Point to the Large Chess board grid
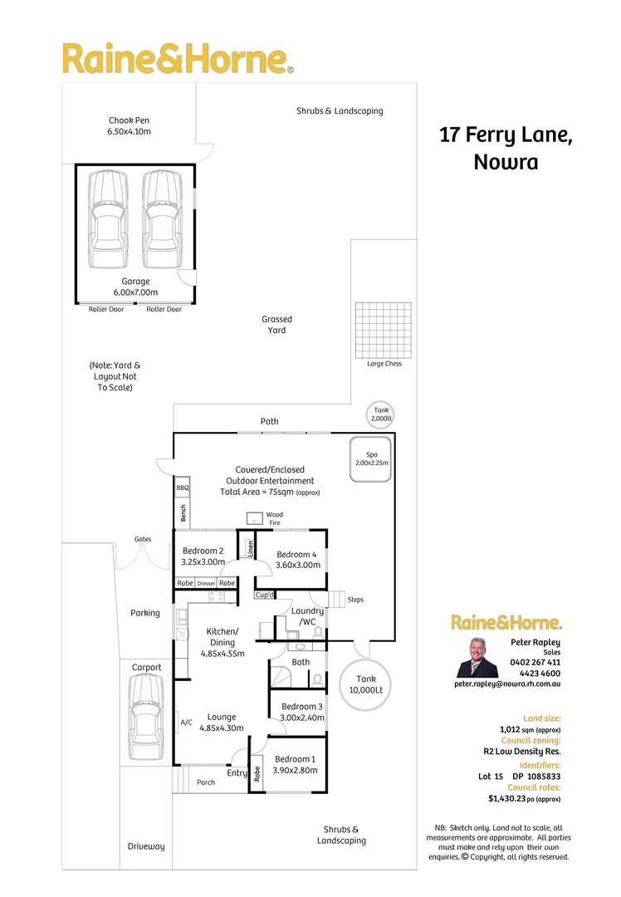[384, 330]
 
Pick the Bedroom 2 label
[203, 556]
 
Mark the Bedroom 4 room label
[296, 560]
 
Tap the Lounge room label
[222, 722]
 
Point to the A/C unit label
[186, 723]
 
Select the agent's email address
[507, 684]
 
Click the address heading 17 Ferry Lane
[506, 135]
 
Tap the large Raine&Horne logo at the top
[178, 60]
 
